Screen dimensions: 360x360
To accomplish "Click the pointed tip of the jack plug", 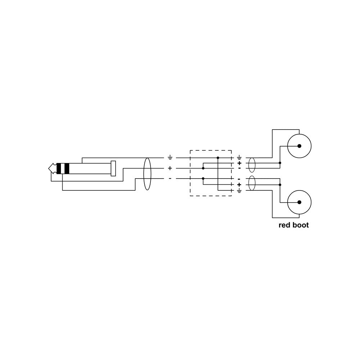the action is [49, 168].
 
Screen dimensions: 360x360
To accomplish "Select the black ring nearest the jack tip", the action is [59, 168].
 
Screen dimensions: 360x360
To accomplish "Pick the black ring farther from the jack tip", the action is [67, 168].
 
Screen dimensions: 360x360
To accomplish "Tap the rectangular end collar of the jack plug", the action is [113, 168].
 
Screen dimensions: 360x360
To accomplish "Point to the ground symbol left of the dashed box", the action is [170, 158].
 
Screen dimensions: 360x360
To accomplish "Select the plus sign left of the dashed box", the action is [170, 168].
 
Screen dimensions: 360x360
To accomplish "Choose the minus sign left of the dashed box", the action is [170, 179].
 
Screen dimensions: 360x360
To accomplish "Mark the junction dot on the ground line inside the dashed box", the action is [218, 158].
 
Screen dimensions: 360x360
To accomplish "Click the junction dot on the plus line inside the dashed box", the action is [203, 168].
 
